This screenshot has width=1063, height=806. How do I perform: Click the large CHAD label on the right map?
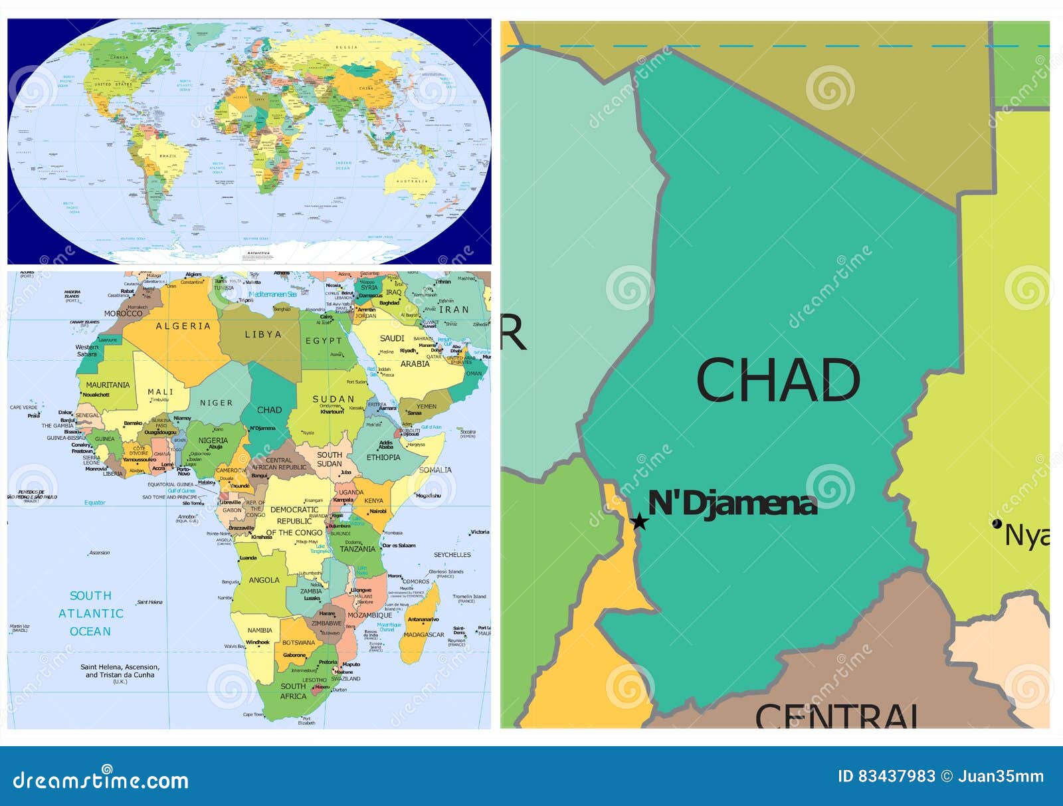click(x=778, y=379)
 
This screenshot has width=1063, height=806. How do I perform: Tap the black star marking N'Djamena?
click(x=639, y=521)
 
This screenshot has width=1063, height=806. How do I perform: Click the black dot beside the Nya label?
click(x=997, y=524)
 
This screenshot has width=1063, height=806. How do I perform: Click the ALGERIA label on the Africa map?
click(x=183, y=326)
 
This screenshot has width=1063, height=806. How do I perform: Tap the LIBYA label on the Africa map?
click(x=263, y=334)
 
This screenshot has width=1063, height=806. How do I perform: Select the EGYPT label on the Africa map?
click(x=324, y=341)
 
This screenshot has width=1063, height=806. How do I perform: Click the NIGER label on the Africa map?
click(x=217, y=403)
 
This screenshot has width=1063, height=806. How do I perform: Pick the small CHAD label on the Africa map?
click(x=269, y=410)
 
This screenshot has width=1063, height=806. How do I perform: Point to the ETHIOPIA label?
click(x=383, y=457)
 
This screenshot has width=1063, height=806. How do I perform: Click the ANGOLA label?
click(x=264, y=580)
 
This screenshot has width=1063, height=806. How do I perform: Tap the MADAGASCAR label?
click(x=424, y=635)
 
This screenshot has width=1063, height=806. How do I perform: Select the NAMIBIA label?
click(x=260, y=630)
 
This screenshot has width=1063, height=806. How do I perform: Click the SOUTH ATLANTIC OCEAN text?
click(x=90, y=613)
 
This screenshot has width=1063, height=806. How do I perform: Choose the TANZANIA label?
click(x=357, y=549)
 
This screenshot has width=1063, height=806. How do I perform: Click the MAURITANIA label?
click(x=108, y=385)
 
